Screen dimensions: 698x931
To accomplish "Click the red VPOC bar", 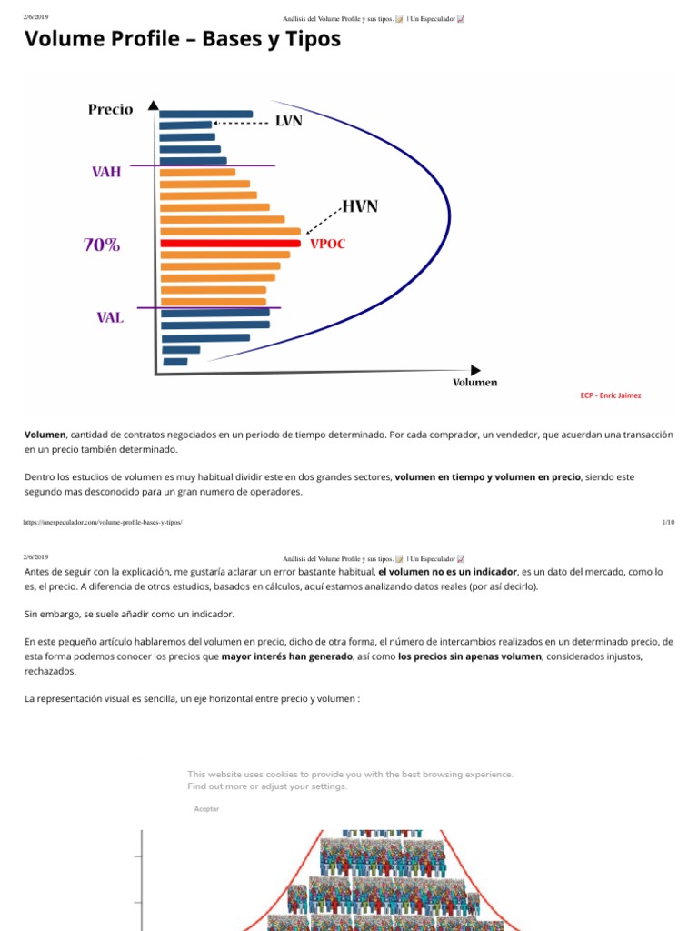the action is coord(230,244).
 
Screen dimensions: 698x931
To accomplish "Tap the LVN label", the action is coord(289,121).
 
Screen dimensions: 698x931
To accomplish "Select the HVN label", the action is coord(360,206).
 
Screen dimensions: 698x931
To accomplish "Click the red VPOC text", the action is coord(327,244).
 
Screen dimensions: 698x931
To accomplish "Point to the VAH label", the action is coord(106,172).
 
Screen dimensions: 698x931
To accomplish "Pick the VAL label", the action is coord(110,317).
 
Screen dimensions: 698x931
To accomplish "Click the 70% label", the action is coord(102,245).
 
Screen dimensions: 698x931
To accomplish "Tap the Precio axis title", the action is coord(110,109).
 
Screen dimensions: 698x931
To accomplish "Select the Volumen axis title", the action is coord(474,383).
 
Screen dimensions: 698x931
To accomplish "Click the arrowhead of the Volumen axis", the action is coord(475,371).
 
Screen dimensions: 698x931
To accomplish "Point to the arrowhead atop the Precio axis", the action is coord(154,105).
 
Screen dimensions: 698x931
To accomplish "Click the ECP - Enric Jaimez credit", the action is coord(611,395).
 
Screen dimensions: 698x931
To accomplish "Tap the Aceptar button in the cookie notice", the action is coord(206,808).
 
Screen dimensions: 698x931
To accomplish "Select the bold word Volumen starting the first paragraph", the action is coord(45,435).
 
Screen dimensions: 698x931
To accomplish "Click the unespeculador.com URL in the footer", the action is coord(103,523).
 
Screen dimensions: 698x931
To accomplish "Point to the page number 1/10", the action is coord(668,523).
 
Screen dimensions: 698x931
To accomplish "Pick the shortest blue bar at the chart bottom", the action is coord(175,362).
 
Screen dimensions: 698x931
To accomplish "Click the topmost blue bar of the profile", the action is coord(206,114).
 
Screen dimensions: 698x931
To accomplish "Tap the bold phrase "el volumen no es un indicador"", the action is coord(447,572).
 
